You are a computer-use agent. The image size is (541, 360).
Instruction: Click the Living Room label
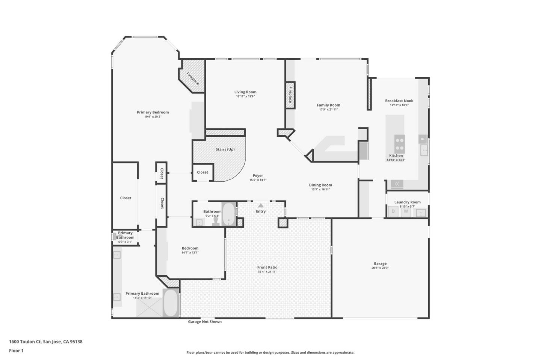coord(245,92)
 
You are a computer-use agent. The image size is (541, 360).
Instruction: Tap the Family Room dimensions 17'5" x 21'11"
coord(328,110)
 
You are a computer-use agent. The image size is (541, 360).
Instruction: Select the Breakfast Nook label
coord(399,101)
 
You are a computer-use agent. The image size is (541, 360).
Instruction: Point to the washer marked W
coord(406,211)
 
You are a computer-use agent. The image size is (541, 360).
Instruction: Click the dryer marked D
coord(393,211)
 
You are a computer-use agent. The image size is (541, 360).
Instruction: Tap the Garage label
coord(380,264)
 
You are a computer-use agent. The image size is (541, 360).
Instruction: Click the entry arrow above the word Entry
coord(261,205)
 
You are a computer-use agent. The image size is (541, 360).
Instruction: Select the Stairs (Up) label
coord(225,149)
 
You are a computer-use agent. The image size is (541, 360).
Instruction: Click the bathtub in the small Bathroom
coord(228,214)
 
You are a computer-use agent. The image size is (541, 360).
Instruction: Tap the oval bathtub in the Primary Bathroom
coord(171,303)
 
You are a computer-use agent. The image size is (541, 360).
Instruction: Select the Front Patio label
coord(267,267)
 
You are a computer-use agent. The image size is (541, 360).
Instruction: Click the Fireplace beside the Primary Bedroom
coord(193,78)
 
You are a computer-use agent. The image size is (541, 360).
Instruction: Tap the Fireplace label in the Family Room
coord(290,95)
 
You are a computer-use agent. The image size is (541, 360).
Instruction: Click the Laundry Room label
coord(407,202)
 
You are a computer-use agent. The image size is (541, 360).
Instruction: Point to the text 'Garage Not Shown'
coord(205,322)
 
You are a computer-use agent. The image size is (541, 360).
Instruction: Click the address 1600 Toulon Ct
coord(25,342)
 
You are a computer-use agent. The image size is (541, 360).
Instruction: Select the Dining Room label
coord(320,185)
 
